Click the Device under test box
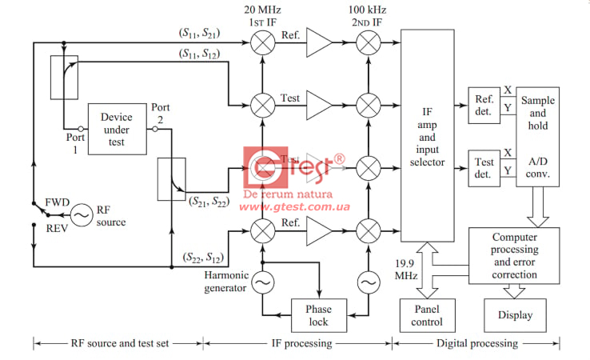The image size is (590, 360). click(x=117, y=128)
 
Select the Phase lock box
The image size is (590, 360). click(x=317, y=314)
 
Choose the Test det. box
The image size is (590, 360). click(x=483, y=167)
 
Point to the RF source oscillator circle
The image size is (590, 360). click(x=81, y=214)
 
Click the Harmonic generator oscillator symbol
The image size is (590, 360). click(x=262, y=281)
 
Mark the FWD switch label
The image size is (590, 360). click(x=58, y=202)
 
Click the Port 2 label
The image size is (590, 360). click(x=161, y=112)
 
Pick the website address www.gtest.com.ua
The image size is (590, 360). click(x=295, y=206)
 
